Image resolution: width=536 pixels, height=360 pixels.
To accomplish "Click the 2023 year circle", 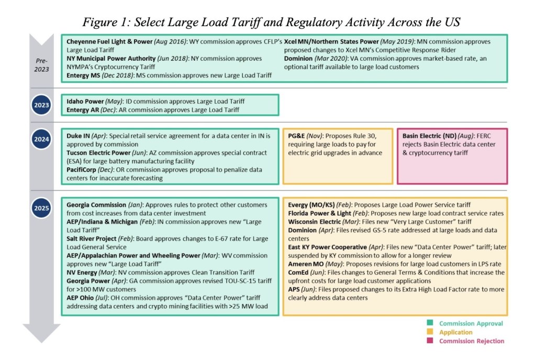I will (41, 105).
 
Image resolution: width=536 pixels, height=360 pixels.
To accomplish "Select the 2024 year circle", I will (41, 140).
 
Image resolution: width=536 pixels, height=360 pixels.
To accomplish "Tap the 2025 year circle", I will (41, 208).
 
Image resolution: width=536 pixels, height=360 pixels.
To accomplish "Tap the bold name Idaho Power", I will (85, 101).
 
